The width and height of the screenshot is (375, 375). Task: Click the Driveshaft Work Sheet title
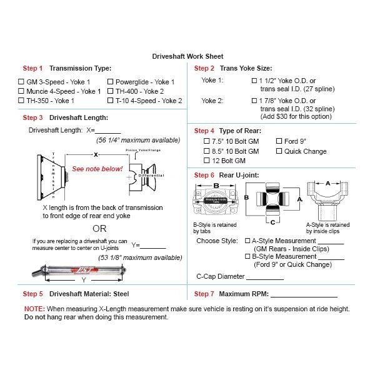pos(187,56)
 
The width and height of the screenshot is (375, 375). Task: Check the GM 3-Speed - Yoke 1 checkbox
pos(21,82)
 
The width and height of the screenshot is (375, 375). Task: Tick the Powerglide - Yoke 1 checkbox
pos(111,82)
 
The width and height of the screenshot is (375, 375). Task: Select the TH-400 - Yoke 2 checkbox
pos(111,91)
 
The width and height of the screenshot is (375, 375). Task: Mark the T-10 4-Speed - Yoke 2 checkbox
pos(111,101)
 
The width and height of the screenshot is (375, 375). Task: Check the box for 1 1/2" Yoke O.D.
pos(254,81)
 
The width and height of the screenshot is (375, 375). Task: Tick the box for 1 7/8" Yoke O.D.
pos(254,101)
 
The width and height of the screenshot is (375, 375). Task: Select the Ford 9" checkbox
pos(279,142)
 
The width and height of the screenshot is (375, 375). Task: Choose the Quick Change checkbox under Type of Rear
pos(279,151)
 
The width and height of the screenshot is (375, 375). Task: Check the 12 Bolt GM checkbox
pos(207,161)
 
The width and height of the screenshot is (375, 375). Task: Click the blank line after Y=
pos(153,246)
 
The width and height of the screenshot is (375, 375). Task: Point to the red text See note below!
pos(97,169)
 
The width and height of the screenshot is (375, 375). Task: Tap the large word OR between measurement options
pos(99,228)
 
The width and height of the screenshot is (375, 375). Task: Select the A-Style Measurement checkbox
pos(247,241)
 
